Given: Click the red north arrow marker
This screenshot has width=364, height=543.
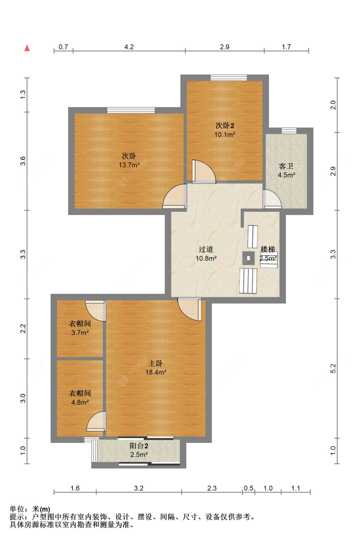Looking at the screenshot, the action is coord(27,48).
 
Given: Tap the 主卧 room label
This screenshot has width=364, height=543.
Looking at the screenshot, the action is coord(155,363).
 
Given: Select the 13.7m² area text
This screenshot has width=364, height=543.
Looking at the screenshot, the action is coord(129,165).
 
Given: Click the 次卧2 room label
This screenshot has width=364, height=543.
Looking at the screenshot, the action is coord(225,125).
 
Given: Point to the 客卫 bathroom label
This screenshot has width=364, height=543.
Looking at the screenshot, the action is coord(286,166).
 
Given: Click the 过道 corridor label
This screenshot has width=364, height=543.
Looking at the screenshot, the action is coord(206,249).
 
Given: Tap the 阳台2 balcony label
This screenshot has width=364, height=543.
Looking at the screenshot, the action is coord(139,446).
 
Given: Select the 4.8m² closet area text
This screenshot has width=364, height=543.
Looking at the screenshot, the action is coord(80,402).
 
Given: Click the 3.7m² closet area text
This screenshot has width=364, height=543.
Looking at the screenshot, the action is coord(80,332).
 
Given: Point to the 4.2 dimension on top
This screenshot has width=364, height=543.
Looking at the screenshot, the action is coord(129,47).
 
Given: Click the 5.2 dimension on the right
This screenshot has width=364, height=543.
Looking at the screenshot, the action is coord(333,368).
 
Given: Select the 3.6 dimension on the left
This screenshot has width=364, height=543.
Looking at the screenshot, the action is coord(23,161).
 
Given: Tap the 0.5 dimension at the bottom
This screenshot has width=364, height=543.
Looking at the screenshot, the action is coord(248,488).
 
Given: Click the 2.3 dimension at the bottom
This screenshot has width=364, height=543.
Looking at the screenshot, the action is coord(212,488).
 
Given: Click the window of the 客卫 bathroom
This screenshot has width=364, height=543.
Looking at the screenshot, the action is coord(289,131).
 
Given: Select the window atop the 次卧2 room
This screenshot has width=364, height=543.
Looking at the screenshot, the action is coord(229,78).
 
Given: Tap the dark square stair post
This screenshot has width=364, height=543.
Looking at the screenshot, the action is coord(248,258).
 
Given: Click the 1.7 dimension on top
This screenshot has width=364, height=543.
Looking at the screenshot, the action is coord(286,47).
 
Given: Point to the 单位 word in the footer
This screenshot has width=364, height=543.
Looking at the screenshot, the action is coord(17,509).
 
